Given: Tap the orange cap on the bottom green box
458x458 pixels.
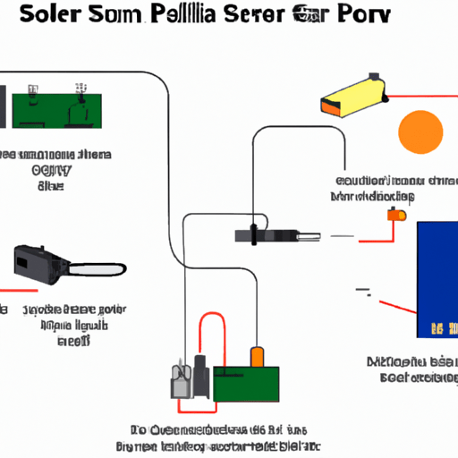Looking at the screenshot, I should pyautogui.click(x=257, y=356).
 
